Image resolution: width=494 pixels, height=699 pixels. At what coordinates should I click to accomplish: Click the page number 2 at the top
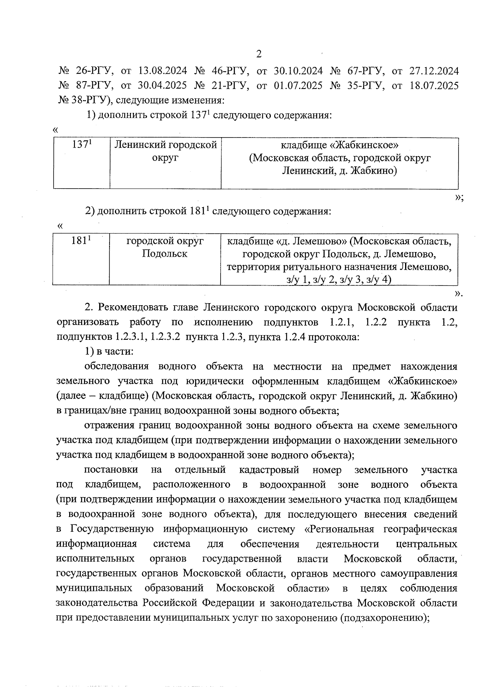259,54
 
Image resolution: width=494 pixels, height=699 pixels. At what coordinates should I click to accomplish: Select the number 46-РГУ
231,71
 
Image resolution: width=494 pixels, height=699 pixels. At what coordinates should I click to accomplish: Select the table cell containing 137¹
82,164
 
